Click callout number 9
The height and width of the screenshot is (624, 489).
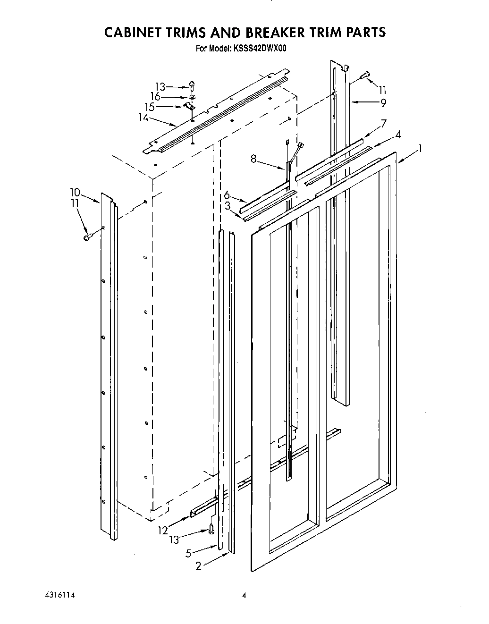(384, 102)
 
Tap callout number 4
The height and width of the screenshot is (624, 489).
(398, 134)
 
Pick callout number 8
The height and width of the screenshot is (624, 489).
(254, 160)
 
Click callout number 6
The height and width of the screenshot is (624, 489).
(227, 194)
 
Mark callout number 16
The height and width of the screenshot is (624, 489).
(155, 97)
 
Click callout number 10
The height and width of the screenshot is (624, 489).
(76, 192)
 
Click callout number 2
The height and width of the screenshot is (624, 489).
(198, 565)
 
